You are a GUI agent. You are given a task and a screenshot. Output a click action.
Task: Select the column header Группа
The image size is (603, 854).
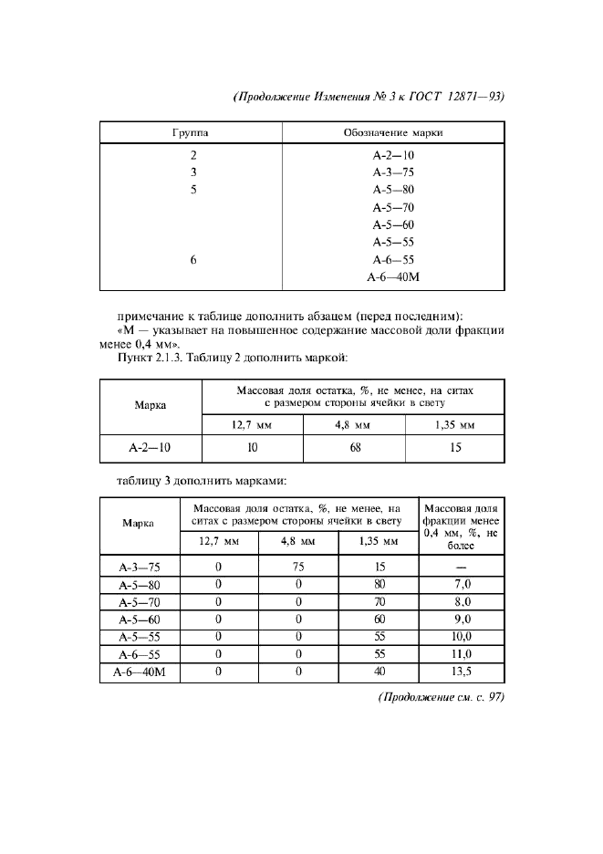click(193, 133)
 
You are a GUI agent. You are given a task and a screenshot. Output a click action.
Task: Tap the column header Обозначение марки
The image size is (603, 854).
click(393, 133)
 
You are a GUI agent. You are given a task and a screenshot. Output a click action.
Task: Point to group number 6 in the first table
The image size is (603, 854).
click(193, 260)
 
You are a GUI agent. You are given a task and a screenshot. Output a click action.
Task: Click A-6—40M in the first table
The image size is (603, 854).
click(393, 277)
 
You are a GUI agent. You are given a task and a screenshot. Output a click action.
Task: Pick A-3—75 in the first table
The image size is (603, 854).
click(393, 172)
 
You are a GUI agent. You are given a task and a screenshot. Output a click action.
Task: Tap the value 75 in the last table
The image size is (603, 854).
click(298, 568)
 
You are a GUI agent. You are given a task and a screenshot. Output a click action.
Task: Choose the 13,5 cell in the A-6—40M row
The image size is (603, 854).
click(462, 672)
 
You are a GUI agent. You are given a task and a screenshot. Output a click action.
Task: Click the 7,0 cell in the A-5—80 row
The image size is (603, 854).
click(462, 585)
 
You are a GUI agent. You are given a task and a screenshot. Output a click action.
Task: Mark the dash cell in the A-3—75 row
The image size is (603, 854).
click(462, 568)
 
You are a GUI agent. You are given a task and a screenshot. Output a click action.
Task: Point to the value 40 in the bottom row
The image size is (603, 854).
click(378, 672)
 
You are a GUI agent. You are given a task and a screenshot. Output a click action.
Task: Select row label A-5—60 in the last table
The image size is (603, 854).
click(139, 620)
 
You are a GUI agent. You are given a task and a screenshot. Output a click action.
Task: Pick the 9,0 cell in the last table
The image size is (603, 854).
click(462, 620)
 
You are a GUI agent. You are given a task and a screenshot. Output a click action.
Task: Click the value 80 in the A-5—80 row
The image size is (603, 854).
click(378, 585)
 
